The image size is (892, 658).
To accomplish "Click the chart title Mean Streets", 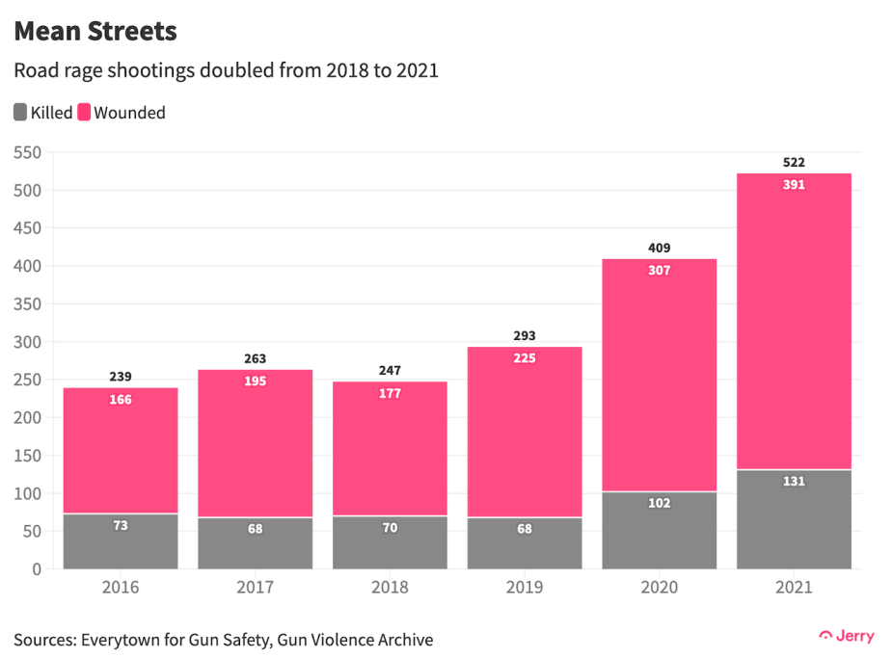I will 95,31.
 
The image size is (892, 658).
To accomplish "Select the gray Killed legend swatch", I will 20,113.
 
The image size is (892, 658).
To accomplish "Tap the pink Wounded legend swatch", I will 84,113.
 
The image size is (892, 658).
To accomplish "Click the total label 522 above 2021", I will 794,162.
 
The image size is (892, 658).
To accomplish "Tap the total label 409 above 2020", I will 660,248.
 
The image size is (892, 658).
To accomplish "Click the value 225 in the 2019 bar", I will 525,358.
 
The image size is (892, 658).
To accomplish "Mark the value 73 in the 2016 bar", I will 121,526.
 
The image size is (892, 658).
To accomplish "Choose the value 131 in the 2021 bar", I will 794,482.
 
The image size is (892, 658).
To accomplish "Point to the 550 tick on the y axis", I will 28,152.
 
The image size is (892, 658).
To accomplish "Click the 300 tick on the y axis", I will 28,342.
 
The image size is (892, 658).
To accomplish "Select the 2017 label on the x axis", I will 255,587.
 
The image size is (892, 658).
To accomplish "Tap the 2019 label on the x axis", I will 525,587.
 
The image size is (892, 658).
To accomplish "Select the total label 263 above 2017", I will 255,358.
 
